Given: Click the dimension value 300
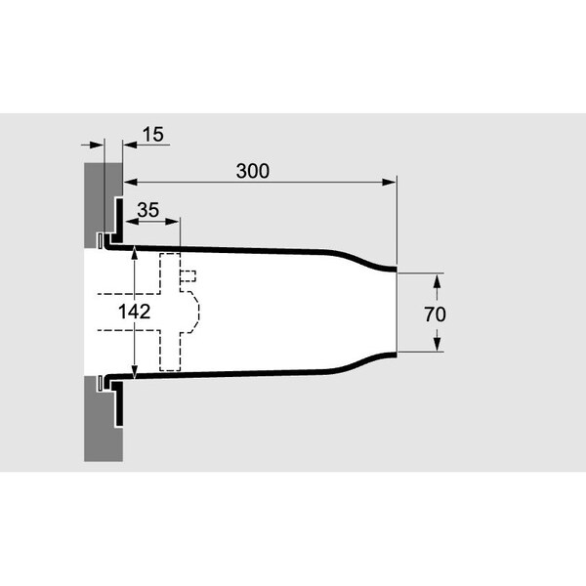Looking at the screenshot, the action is [x=253, y=171].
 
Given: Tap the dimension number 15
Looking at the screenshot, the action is [x=153, y=134].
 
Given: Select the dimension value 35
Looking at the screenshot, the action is [x=148, y=210].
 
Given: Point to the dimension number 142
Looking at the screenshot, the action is [x=134, y=312].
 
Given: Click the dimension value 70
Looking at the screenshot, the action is [x=435, y=314].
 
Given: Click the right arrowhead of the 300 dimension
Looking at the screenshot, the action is [x=390, y=182].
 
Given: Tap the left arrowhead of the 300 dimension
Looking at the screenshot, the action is [x=131, y=182].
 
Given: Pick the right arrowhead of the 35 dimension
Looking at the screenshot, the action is [x=172, y=222].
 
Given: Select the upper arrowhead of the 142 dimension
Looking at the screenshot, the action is [x=135, y=253].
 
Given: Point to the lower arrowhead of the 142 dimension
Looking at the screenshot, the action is [x=135, y=371].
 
